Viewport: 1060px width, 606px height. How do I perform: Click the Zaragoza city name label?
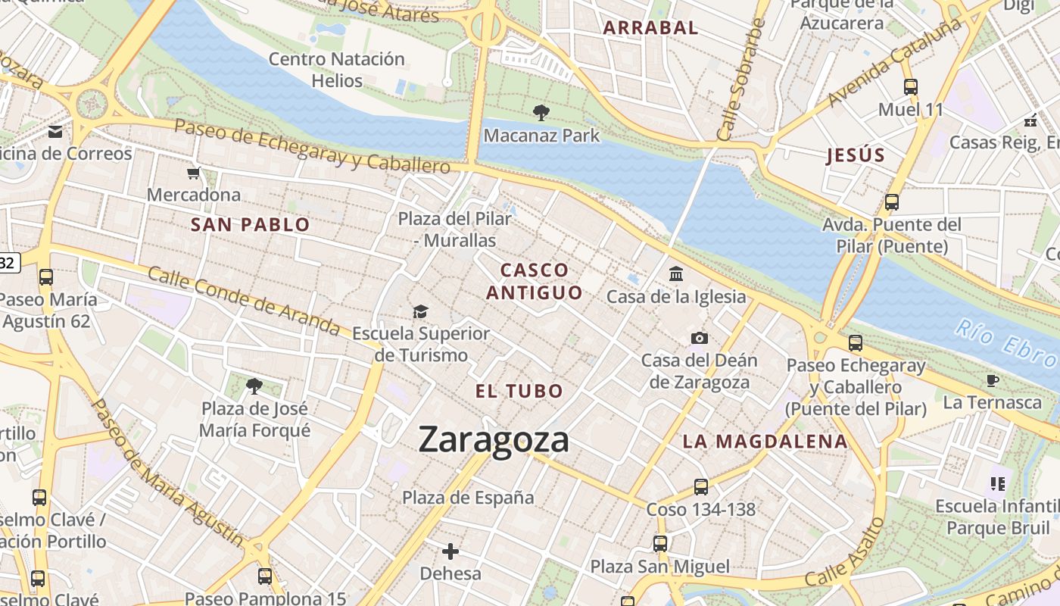(x=493, y=439)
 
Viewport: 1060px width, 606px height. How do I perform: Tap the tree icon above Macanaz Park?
(x=541, y=113)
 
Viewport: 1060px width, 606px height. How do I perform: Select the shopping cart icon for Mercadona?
(x=194, y=173)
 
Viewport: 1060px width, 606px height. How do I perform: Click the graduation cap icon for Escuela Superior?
(x=420, y=311)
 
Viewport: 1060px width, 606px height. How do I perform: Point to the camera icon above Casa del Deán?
(x=699, y=338)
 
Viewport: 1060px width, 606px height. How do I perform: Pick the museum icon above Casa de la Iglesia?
(x=676, y=273)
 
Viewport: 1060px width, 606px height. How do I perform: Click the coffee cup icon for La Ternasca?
(x=993, y=380)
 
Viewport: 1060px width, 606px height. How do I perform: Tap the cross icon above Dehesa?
(x=450, y=551)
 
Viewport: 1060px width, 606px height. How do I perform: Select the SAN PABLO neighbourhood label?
(x=250, y=224)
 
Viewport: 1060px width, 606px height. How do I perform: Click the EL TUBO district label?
(x=519, y=391)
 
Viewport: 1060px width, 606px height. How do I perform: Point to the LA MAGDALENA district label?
(x=765, y=441)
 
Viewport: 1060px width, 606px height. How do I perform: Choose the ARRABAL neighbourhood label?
(x=650, y=28)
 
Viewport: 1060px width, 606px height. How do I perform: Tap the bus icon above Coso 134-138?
(x=701, y=487)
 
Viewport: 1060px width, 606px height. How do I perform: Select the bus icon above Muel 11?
(x=911, y=87)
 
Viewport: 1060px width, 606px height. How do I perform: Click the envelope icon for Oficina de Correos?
(x=55, y=132)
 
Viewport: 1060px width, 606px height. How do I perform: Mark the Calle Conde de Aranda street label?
(x=244, y=301)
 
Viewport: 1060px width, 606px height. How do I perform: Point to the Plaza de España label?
(x=468, y=498)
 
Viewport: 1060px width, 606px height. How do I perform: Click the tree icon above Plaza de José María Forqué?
(x=254, y=386)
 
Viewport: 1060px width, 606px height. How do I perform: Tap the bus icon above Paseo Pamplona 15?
(x=265, y=576)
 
